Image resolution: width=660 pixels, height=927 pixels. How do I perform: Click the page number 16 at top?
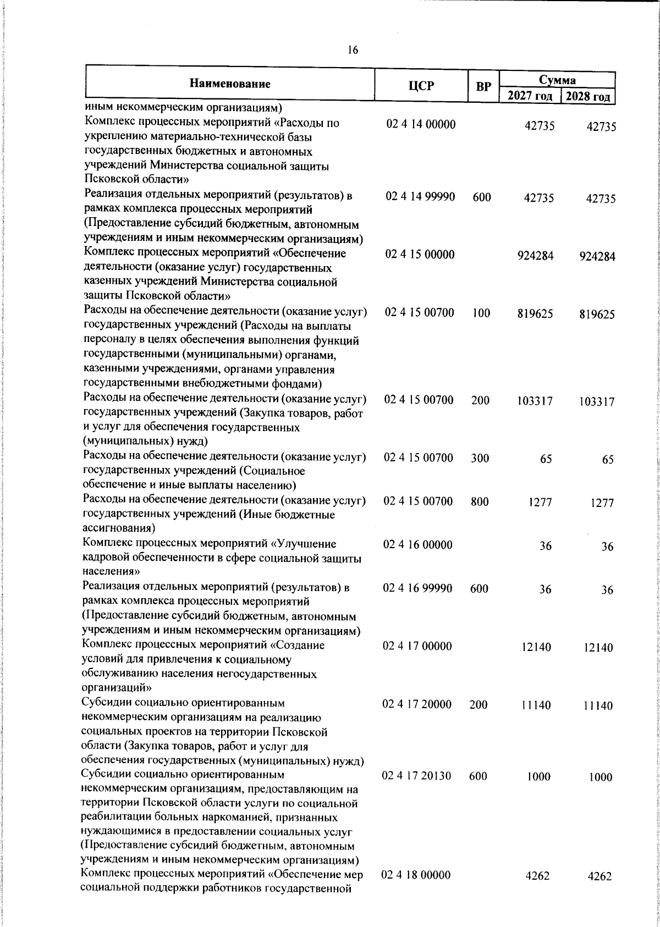353,51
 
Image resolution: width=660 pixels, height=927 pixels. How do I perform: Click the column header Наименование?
230,84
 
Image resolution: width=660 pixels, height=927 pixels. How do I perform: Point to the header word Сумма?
557,80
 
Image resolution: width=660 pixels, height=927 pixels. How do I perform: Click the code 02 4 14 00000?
421,125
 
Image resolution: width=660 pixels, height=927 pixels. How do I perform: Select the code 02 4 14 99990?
420,197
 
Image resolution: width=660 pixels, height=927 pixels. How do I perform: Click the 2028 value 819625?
597,314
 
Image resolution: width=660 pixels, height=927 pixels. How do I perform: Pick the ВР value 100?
481,313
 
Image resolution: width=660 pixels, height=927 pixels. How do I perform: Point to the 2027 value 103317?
535,401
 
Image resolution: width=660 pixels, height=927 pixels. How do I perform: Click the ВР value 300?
480,458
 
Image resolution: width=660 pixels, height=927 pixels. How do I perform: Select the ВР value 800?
480,501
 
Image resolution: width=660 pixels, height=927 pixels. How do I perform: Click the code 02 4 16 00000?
418,545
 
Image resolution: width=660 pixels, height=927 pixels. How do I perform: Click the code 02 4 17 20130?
417,776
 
